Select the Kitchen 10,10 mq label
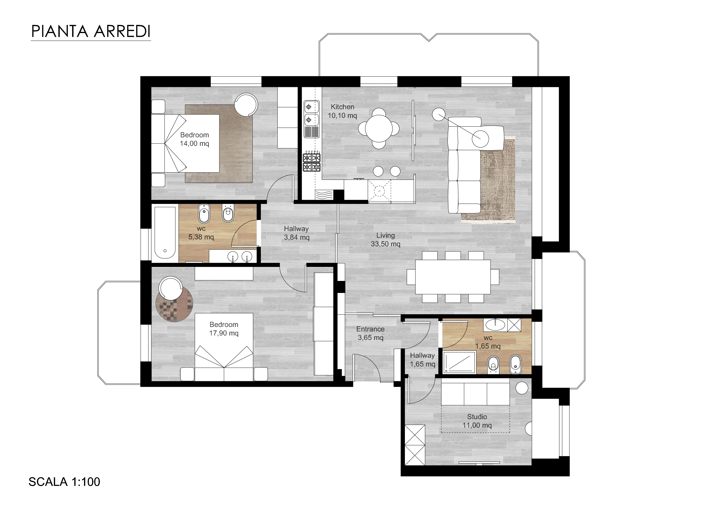tap(342, 111)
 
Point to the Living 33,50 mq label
tap(386, 240)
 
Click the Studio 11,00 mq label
tap(477, 421)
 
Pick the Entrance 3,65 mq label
tap(370, 333)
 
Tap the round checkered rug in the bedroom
tap(174, 303)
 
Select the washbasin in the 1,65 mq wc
tap(495, 325)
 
